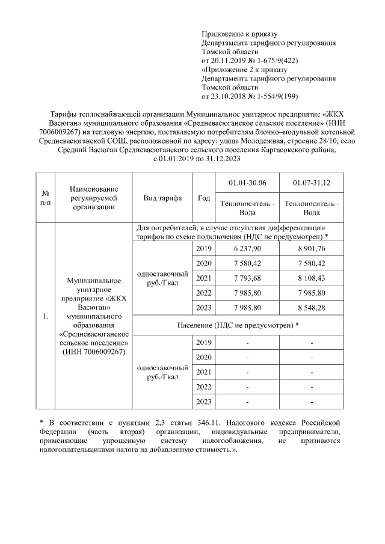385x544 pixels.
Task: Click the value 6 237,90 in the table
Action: point(247,249)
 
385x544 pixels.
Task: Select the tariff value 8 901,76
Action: point(312,249)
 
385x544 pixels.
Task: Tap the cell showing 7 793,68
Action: point(247,278)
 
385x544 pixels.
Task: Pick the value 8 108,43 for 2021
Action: point(312,278)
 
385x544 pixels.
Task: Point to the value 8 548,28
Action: point(312,308)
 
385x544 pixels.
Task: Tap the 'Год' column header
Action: point(203,198)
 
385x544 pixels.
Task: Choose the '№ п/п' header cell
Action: point(45,198)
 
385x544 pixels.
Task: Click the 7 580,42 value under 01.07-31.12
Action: point(312,263)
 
